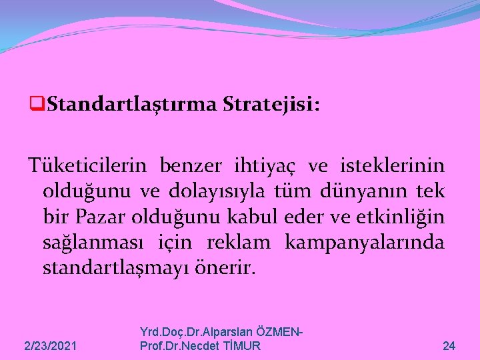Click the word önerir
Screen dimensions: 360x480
tap(220, 269)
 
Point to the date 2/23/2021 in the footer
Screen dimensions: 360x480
tap(50, 346)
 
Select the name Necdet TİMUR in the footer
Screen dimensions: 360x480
tap(227, 346)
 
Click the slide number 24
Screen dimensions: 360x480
tap(449, 346)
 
